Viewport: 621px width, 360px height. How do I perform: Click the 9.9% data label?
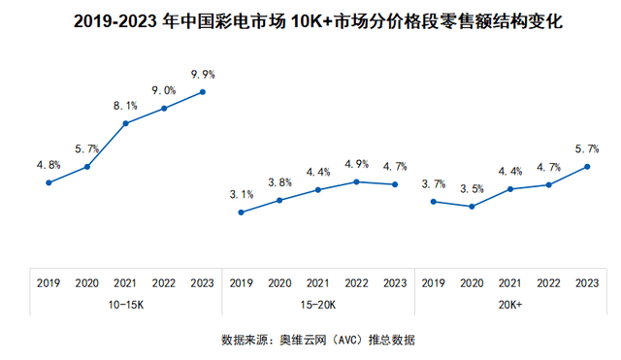tap(202, 74)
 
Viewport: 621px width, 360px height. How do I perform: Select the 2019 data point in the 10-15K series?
tap(49, 182)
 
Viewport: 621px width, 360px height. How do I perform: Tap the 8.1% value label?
tap(125, 106)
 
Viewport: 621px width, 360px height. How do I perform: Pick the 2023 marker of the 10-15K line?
tap(202, 92)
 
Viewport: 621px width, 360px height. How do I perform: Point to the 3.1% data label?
tap(241, 194)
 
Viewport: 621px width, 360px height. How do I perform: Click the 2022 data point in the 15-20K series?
tap(356, 180)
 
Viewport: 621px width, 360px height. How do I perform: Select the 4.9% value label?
tap(356, 163)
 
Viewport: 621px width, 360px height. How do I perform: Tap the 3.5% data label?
tap(472, 188)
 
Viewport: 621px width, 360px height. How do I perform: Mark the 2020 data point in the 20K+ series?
tap(472, 207)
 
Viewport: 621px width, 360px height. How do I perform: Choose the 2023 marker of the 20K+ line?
tap(587, 166)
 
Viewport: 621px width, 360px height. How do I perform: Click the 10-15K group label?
tap(125, 304)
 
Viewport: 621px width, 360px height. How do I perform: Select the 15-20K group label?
tap(317, 304)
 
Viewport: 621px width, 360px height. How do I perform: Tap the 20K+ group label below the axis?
tap(510, 304)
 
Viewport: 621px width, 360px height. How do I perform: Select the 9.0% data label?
tap(164, 90)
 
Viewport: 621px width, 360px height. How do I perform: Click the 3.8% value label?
tap(279, 182)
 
